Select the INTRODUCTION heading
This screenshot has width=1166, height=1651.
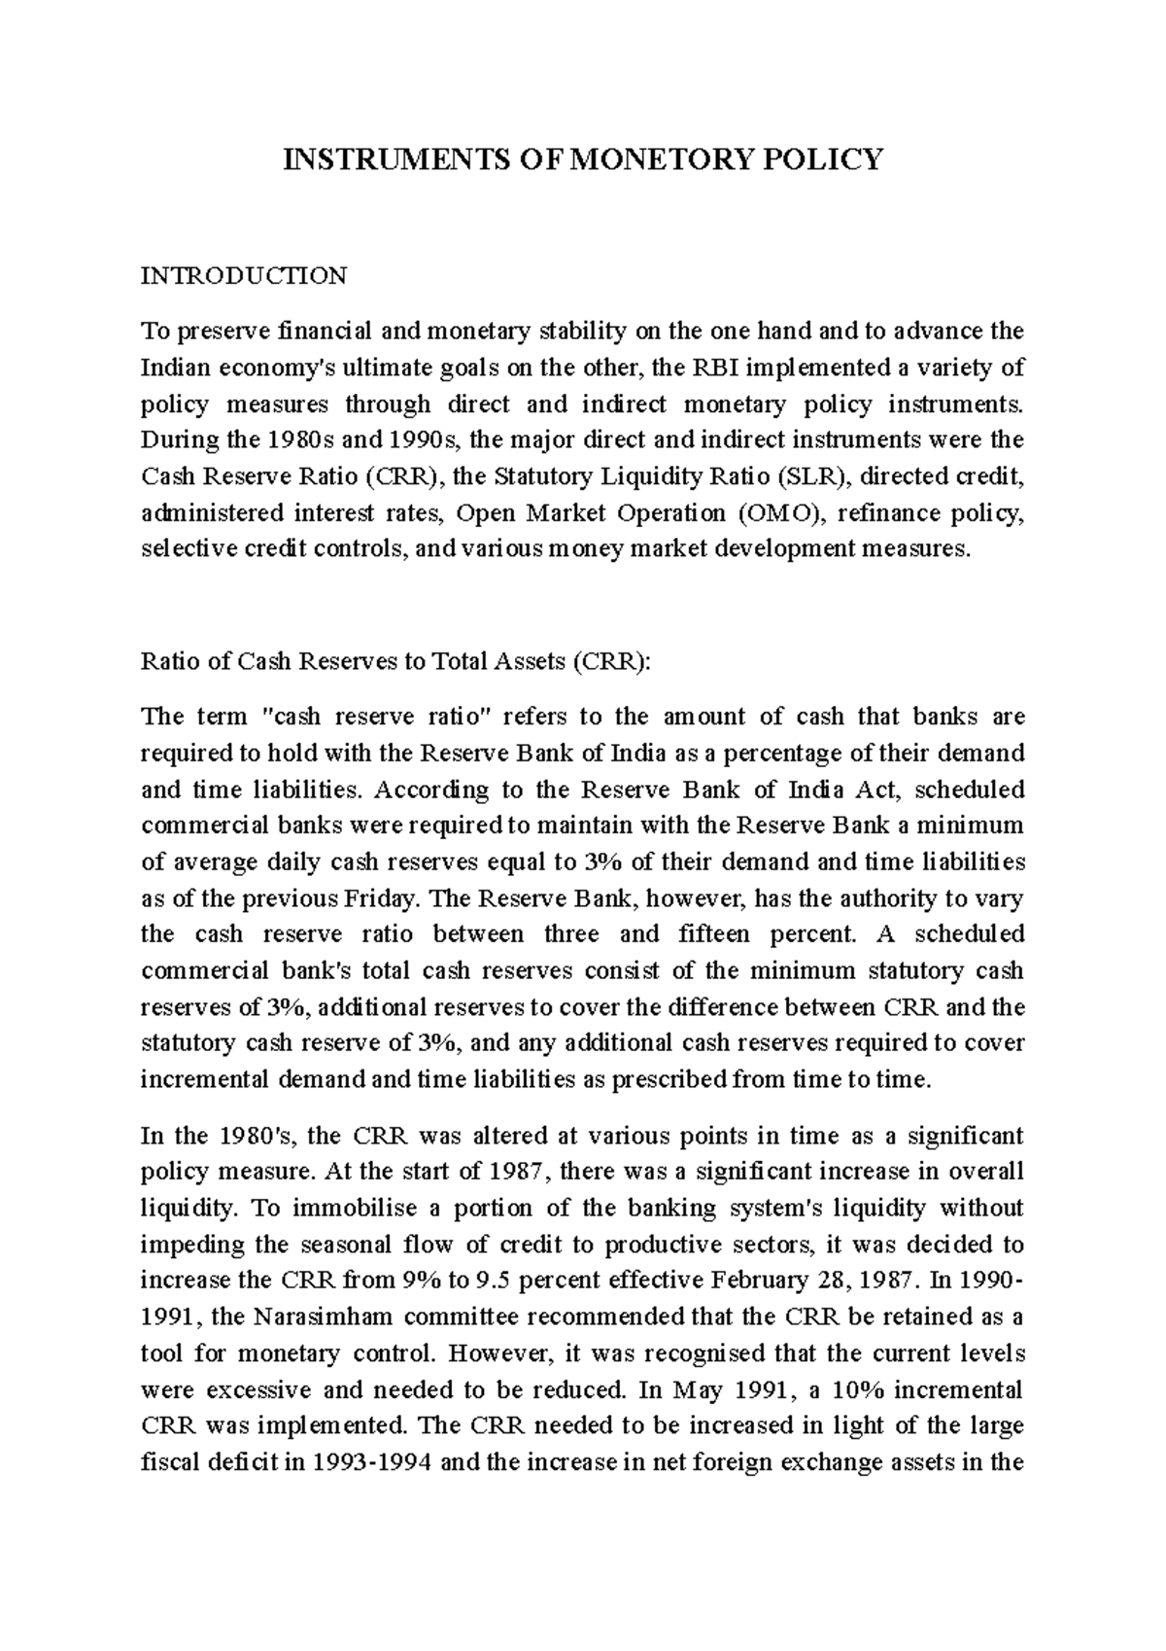click(244, 276)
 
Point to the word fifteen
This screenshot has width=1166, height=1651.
click(713, 934)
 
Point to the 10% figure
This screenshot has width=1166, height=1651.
click(851, 1389)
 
